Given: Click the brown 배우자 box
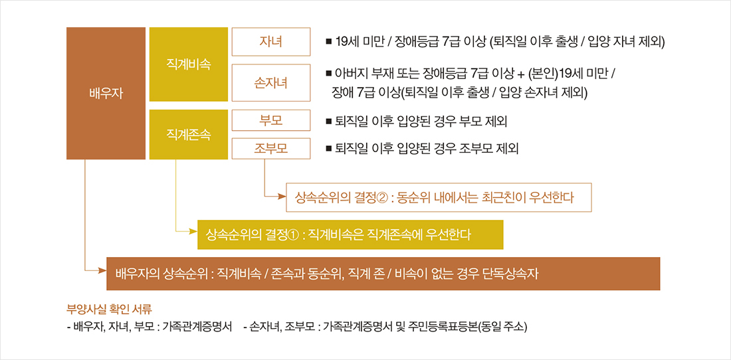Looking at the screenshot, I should (106, 93).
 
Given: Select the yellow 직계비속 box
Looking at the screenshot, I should (189, 64).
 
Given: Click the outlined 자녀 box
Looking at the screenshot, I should (270, 41).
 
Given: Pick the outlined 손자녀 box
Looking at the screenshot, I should (270, 82).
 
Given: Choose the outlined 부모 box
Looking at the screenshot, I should (270, 121).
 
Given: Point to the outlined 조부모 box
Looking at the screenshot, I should (270, 147).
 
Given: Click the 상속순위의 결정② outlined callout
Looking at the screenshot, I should (439, 197).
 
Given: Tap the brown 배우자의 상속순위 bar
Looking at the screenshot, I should (383, 274).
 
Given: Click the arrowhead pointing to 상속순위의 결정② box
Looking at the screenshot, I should (282, 197).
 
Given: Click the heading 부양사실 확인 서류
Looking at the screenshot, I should (109, 309).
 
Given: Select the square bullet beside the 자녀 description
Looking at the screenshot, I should (328, 41).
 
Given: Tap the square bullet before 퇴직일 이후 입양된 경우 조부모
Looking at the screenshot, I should (328, 148).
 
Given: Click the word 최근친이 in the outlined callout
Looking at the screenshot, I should (519, 197).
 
